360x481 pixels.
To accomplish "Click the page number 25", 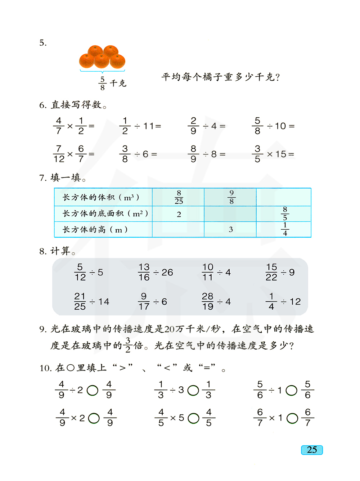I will pyautogui.click(x=312, y=450).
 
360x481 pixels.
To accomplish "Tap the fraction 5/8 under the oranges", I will pyautogui.click(x=103, y=84).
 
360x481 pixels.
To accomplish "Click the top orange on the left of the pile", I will pyautogui.click(x=95, y=51).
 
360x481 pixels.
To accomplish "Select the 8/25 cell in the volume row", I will pyautogui.click(x=179, y=197).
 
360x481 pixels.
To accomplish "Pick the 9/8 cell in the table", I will pyautogui.click(x=231, y=197).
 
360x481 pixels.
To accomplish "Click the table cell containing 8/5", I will pyautogui.click(x=285, y=214).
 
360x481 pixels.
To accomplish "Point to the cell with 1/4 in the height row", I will pyautogui.click(x=285, y=229).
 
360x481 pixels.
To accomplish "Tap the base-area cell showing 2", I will pyautogui.click(x=179, y=215).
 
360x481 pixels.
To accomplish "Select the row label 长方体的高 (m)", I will pyautogui.click(x=95, y=230).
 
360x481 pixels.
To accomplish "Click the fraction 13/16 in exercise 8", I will pyautogui.click(x=144, y=272).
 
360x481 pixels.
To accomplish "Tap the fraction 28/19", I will pyautogui.click(x=208, y=301).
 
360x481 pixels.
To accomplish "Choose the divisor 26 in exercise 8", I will pyautogui.click(x=167, y=273).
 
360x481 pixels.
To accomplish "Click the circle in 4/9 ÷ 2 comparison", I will pyautogui.click(x=93, y=390).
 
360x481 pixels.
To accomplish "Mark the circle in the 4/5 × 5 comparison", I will pyautogui.click(x=193, y=418).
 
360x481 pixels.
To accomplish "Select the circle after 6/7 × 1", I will pyautogui.click(x=292, y=418).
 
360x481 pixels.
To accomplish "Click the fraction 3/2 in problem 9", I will pyautogui.click(x=128, y=345).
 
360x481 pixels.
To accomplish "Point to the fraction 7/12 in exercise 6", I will pyautogui.click(x=59, y=154).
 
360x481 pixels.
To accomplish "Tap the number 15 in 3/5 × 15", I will pyautogui.click(x=281, y=154).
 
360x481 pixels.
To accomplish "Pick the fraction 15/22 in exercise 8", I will pyautogui.click(x=271, y=272).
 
